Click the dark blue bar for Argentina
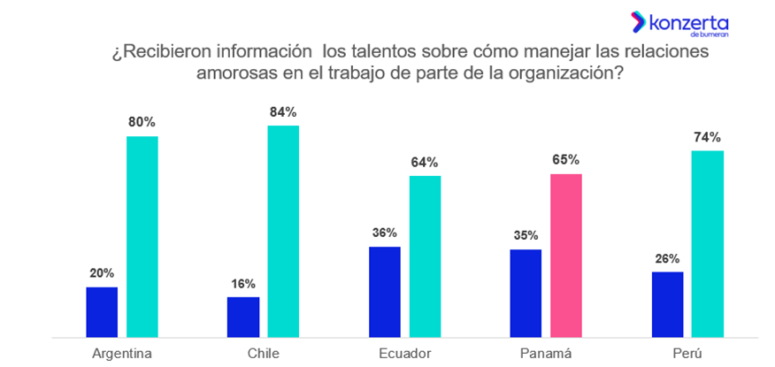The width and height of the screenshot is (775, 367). pos(102,311)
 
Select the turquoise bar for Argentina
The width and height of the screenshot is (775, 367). pos(142,236)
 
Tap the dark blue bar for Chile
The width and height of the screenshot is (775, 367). pos(243,317)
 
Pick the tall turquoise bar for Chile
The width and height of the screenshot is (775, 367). pos(283,231)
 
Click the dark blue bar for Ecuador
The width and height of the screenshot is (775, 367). pos(385,292)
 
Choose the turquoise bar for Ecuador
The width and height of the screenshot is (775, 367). pos(425,256)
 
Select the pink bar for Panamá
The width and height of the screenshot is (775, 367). pos(566,256)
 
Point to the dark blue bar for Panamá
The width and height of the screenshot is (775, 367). pos(526,293)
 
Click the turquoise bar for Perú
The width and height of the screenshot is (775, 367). pos(708,244)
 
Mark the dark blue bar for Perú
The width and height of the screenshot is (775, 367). pos(668,304)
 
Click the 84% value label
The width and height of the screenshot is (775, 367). pos(283,112)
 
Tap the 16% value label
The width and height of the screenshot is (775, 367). pos(243,284)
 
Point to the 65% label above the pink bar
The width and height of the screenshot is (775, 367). pos(566,160)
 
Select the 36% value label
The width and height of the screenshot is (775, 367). pos(385,233)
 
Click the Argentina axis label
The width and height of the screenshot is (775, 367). pos(122,353)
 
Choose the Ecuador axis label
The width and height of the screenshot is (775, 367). pos(404,353)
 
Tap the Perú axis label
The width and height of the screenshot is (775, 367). pos(687,353)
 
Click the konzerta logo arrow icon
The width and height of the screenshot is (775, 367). pos(636,22)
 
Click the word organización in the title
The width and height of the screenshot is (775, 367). pos(563,73)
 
